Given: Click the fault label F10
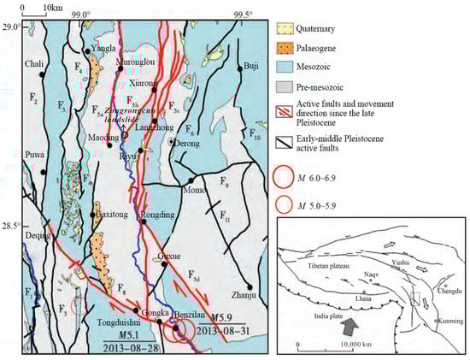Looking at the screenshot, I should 256,135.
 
